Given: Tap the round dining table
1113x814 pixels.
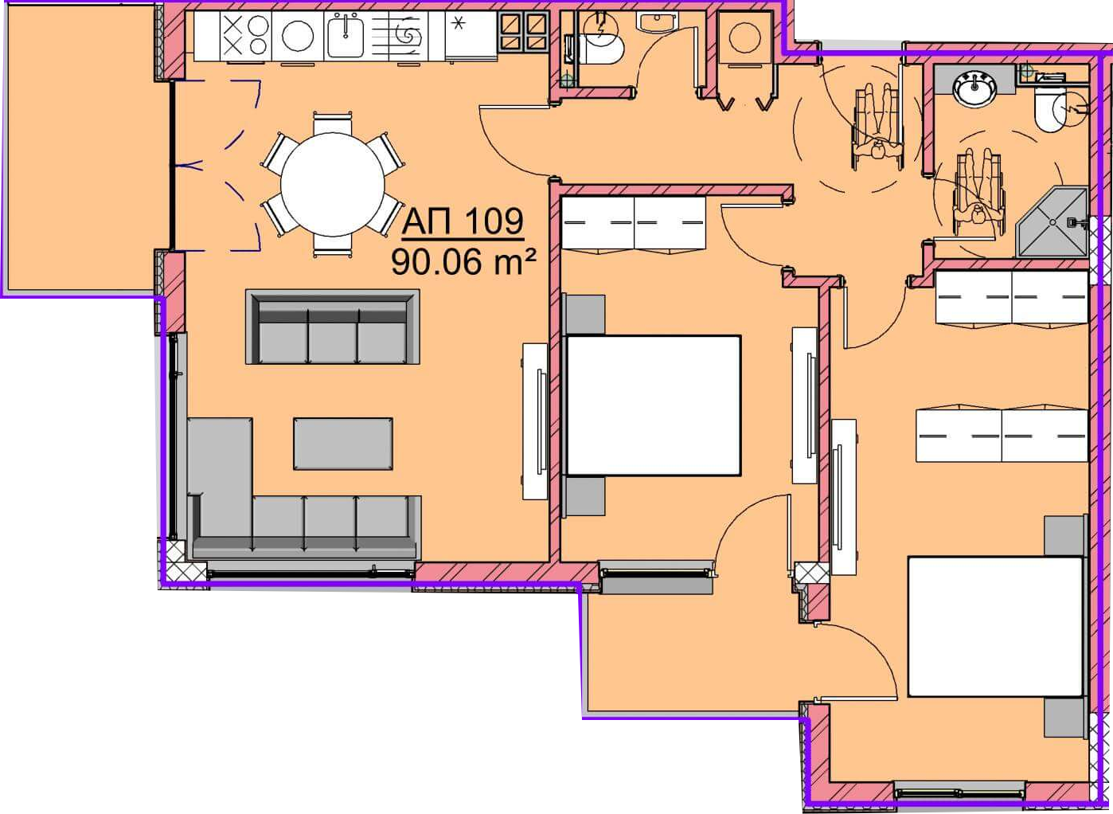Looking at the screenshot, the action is point(333,184).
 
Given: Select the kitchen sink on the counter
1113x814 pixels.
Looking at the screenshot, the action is point(346,35).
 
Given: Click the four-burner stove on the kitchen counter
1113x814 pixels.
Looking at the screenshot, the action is point(245,35).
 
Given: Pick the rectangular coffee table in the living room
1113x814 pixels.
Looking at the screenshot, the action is point(343,444).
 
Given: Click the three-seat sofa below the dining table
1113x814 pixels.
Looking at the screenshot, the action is point(333,327).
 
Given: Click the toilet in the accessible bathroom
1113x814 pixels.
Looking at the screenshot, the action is point(1051,112).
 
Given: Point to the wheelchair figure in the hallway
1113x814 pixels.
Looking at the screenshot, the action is point(877,127).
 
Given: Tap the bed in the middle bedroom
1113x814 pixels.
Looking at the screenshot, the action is point(654,405).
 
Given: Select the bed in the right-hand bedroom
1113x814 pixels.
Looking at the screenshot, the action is point(995,627).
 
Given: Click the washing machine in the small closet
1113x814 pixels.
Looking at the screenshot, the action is point(744,38).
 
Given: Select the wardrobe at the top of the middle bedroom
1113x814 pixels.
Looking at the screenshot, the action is point(634,224).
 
